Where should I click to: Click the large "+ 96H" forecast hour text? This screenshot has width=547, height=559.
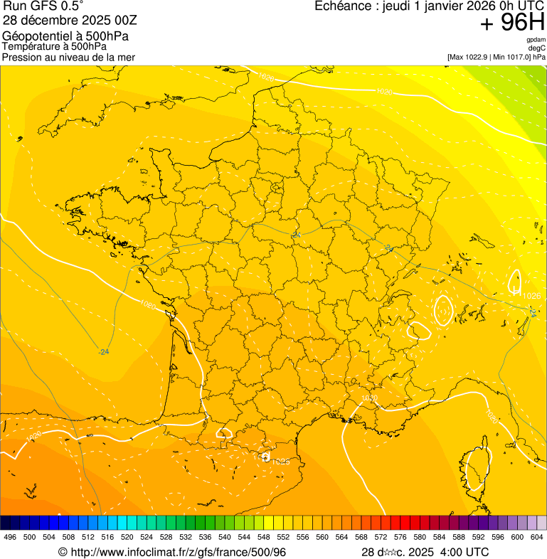point(512,23)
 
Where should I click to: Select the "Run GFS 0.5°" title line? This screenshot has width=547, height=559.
point(43,8)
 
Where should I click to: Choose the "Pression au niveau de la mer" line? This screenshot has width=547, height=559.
point(68,57)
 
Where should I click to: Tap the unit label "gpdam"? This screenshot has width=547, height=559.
point(536,40)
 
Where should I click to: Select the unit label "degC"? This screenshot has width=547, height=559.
point(538,48)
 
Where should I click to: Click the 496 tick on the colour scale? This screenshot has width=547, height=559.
point(10,537)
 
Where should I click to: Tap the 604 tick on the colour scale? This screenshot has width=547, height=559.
point(537,537)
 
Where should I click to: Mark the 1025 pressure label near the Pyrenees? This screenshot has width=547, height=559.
point(281,462)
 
